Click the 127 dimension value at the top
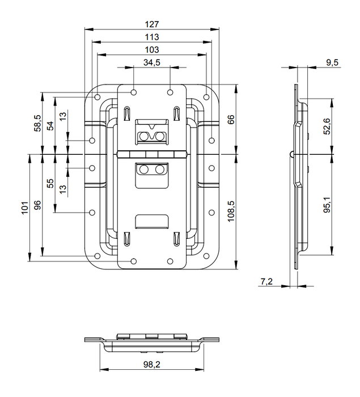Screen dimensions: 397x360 click(151, 24)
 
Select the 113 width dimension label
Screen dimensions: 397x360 click(151, 37)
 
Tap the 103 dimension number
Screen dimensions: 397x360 click(151, 50)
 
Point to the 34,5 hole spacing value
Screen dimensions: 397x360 click(151, 63)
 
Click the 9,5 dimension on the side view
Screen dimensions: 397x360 click(332, 63)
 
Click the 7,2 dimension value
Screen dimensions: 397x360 click(266, 281)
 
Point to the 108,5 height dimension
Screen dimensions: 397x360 click(231, 210)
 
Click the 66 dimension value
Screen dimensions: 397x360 click(231, 120)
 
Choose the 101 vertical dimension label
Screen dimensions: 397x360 click(24, 206)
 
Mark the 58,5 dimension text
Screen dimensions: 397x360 click(37, 123)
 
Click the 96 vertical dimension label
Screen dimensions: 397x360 click(37, 205)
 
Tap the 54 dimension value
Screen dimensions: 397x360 click(50, 125)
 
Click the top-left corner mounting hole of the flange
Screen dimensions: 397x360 click(98, 96)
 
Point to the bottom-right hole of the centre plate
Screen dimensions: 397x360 click(171, 261)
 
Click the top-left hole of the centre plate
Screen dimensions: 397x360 click(133, 92)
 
